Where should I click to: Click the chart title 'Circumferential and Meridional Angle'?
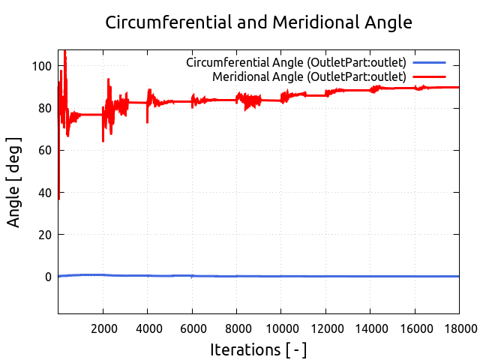(x=259, y=22)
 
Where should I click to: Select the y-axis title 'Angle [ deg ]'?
(x=14, y=182)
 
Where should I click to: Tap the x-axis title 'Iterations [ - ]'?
(x=259, y=349)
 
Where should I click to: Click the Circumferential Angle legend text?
(x=296, y=62)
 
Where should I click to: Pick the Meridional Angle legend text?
(x=309, y=76)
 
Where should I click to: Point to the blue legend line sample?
(x=429, y=62)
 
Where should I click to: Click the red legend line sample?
(x=429, y=76)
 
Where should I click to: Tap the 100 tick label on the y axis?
(x=42, y=66)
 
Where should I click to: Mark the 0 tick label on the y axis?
(x=48, y=277)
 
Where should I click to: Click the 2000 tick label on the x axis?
(x=103, y=328)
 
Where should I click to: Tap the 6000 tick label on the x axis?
(x=192, y=328)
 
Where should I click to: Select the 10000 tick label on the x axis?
(x=281, y=328)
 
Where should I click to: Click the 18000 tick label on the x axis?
(x=457, y=328)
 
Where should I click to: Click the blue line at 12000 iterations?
(x=325, y=276)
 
